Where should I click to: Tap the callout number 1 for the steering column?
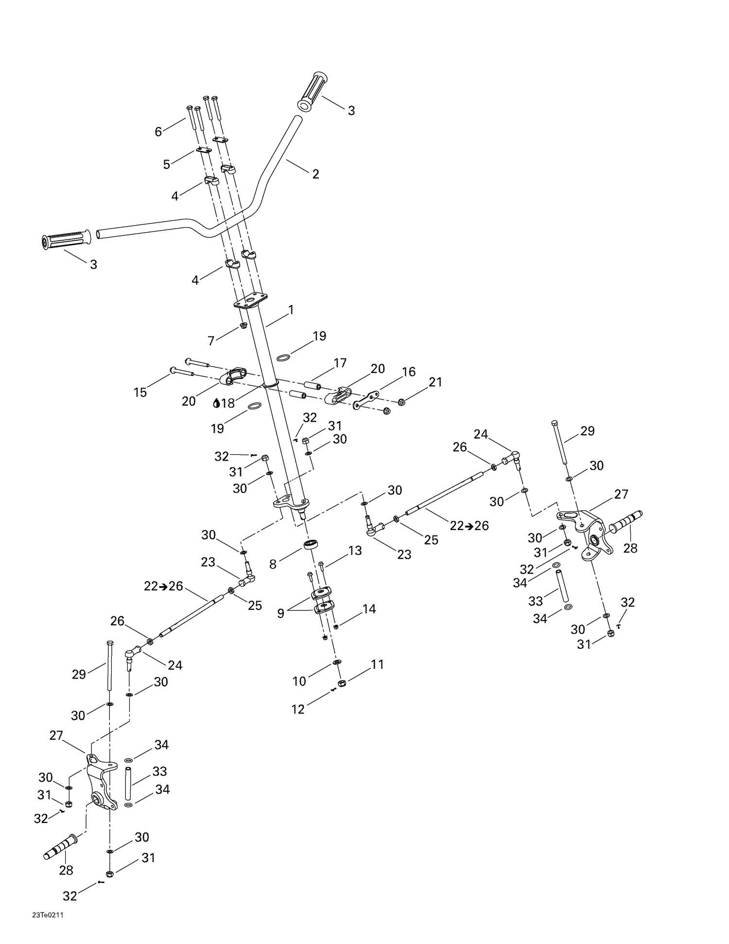point(291,310)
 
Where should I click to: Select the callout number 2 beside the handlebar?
point(316,174)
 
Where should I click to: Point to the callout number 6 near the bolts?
point(158,131)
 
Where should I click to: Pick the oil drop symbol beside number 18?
point(217,403)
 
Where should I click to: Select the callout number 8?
point(273,564)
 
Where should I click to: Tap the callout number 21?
point(435,382)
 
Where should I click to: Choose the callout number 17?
point(340,363)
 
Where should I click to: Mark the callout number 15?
point(140,392)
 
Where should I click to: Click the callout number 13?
point(355,551)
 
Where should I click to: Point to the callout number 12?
point(298,709)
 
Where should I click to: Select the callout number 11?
point(377,664)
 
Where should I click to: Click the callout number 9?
point(280,613)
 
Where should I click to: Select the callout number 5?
point(167,164)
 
